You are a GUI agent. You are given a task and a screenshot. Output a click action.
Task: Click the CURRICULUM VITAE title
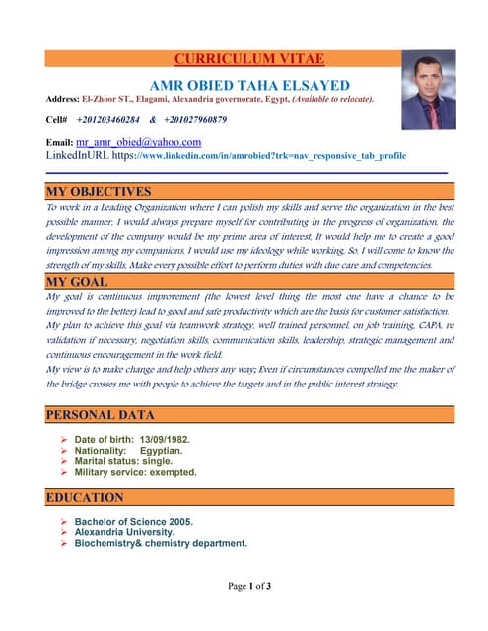(248, 59)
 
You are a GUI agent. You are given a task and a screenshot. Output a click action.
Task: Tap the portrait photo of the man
(429, 91)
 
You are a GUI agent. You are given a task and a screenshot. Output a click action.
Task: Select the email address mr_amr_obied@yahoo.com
(138, 142)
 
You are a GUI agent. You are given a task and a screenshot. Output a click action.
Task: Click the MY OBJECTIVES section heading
(99, 191)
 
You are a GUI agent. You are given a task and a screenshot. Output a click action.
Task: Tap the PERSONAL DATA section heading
(101, 415)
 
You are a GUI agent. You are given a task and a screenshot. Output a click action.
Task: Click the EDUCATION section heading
(85, 497)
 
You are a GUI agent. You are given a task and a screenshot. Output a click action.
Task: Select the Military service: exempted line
(135, 472)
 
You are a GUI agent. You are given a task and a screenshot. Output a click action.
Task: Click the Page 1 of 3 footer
(248, 586)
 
